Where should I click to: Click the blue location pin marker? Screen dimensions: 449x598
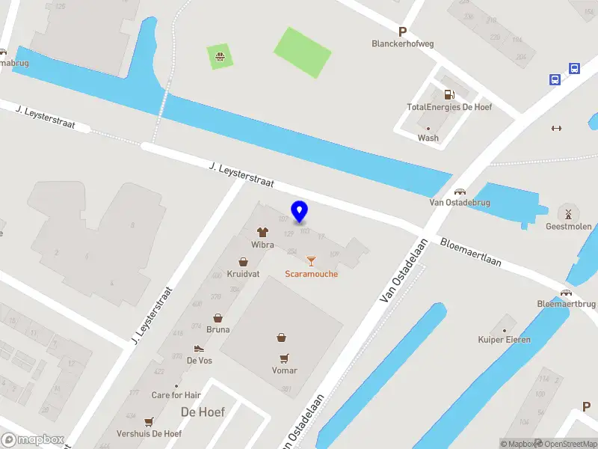click(299, 211)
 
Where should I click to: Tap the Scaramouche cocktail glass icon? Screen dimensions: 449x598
click(311, 260)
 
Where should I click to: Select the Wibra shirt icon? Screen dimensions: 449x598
click(262, 232)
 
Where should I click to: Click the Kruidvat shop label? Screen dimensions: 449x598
click(243, 275)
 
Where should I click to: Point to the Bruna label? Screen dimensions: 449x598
click(218, 329)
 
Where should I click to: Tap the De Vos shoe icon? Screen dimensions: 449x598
click(198, 348)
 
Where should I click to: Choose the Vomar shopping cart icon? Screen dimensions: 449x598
click(284, 358)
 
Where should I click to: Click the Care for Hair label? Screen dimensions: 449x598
click(176, 395)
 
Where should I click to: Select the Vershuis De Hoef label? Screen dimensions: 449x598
click(149, 434)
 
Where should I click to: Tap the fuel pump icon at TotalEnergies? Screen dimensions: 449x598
click(449, 94)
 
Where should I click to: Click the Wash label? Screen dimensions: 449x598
click(428, 138)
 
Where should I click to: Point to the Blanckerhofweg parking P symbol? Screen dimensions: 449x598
click(402, 31)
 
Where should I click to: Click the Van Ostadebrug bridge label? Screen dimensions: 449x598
click(459, 202)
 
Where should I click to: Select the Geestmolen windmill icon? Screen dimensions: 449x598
click(568, 213)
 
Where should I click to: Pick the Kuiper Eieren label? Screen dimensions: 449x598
click(505, 340)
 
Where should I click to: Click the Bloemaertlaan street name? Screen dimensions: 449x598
click(470, 253)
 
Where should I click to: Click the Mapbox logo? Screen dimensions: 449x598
click(31, 440)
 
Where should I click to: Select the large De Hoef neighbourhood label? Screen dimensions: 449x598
click(203, 412)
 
